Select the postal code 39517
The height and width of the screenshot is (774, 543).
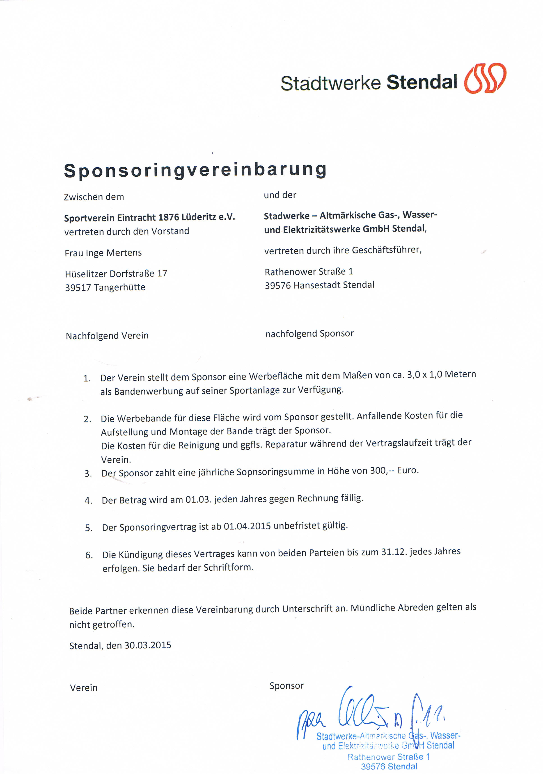(x=78, y=288)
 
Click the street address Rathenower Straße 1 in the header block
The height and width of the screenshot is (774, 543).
(x=309, y=272)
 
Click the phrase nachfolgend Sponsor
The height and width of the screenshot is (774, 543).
(x=309, y=334)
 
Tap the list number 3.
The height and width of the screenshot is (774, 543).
(x=88, y=474)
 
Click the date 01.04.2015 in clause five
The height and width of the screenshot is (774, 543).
(x=247, y=526)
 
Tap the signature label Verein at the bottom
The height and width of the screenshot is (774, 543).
(x=84, y=688)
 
